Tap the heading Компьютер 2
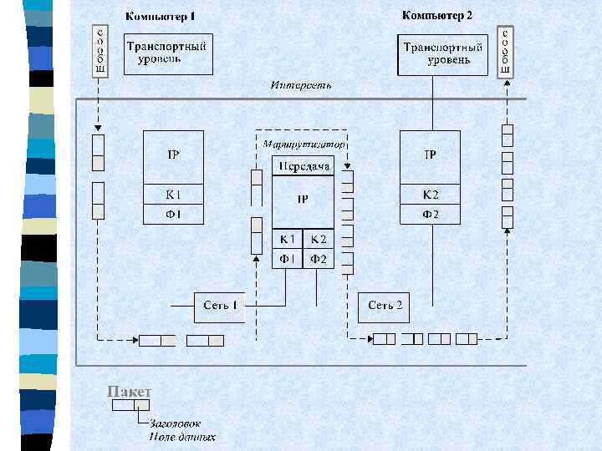pyautogui.click(x=437, y=15)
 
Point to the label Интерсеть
pyautogui.click(x=301, y=85)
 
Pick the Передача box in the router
pyautogui.click(x=304, y=166)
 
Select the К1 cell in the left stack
pyautogui.click(x=173, y=195)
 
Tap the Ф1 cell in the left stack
pyautogui.click(x=173, y=215)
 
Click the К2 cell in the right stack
pyautogui.click(x=431, y=195)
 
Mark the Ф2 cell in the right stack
pyautogui.click(x=431, y=215)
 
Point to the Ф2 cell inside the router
pyautogui.click(x=319, y=259)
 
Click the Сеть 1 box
pyautogui.click(x=221, y=306)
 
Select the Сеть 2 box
pyautogui.click(x=385, y=306)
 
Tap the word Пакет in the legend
pyautogui.click(x=130, y=392)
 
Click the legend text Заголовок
pyautogui.click(x=175, y=423)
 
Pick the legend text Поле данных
pyautogui.click(x=182, y=437)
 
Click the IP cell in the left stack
pyautogui.click(x=173, y=155)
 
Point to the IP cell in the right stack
pyautogui.click(x=431, y=155)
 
